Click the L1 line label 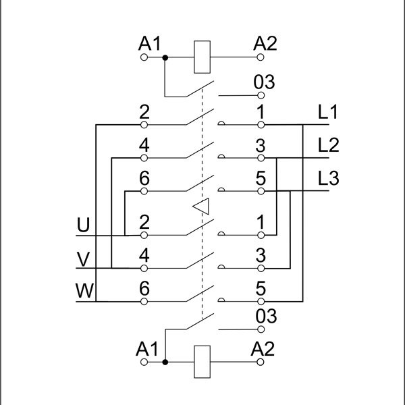[x=327, y=113]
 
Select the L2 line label [x=328, y=145]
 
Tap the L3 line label [x=328, y=178]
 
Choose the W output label [x=84, y=291]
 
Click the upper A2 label [x=265, y=45]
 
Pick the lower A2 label [x=262, y=349]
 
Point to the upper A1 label [x=150, y=45]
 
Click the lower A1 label [x=147, y=349]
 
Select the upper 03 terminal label [x=264, y=82]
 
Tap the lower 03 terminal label [x=264, y=316]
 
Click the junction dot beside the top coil [x=165, y=58]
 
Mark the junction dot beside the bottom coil [x=165, y=362]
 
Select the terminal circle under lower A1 [x=143, y=362]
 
